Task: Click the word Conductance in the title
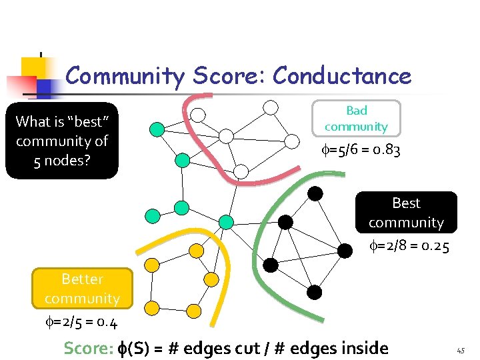click(x=342, y=77)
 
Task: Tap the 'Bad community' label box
click(x=357, y=118)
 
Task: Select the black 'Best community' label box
click(x=406, y=212)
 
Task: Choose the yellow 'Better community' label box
click(x=82, y=288)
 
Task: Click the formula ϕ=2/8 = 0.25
click(x=409, y=247)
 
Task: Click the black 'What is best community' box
click(x=62, y=141)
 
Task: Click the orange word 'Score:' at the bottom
click(x=87, y=348)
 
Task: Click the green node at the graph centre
click(x=226, y=222)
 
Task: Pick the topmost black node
click(x=315, y=194)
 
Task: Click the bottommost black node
click(x=315, y=292)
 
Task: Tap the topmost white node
click(x=271, y=107)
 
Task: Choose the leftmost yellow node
click(x=152, y=265)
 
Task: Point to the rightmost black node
click(x=345, y=251)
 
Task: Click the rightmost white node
click(x=292, y=141)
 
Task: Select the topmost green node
click(x=156, y=129)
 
